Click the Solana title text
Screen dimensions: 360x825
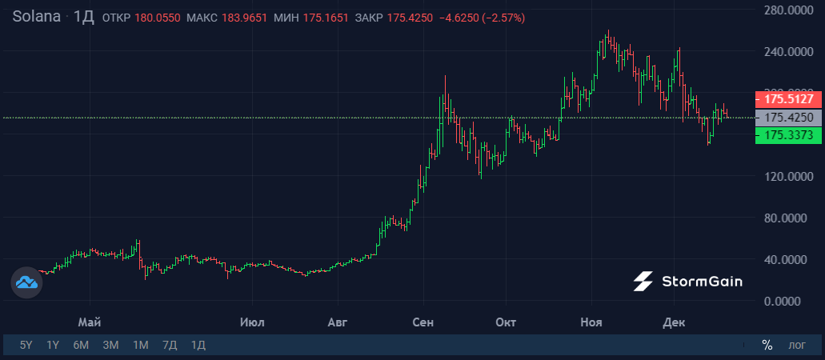coord(35,17)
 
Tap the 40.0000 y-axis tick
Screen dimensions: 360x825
coord(787,260)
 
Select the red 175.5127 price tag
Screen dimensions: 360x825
coord(788,100)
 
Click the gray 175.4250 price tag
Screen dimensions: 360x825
coord(788,118)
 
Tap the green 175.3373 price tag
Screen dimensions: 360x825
coord(788,136)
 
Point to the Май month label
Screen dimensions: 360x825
coord(89,322)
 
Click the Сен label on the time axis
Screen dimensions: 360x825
coord(423,322)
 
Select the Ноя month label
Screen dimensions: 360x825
coord(591,322)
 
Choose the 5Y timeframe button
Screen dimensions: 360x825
coord(26,346)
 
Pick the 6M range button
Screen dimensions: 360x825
coord(81,346)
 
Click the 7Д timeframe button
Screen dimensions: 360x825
coord(170,346)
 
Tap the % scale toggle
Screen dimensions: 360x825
coord(767,346)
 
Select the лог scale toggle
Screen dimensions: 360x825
coord(797,346)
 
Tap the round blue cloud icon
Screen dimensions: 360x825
coord(26,282)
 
